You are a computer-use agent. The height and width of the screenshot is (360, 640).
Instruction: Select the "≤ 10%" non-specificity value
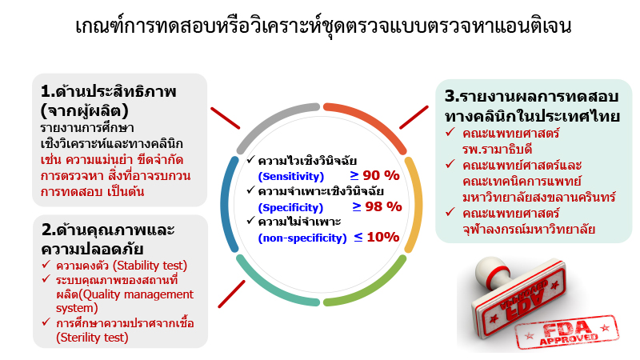point(374,236)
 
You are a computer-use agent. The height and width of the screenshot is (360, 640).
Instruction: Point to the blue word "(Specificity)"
point(291,206)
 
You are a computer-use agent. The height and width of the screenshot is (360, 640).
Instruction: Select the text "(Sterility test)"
point(82,337)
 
